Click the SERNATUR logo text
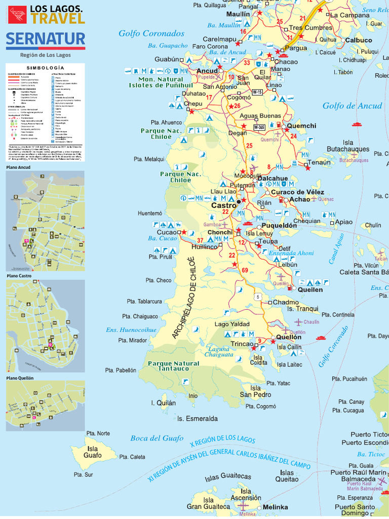[x=46, y=39]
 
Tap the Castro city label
[x=223, y=206]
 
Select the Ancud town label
[x=207, y=70]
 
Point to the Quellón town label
[x=289, y=337]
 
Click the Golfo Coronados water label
[x=151, y=33]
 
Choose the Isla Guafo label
[x=92, y=452]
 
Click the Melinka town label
[x=276, y=507]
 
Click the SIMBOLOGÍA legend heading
[x=46, y=67]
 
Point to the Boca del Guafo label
[x=157, y=438]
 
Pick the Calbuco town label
[x=359, y=40]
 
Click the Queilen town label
[x=310, y=289]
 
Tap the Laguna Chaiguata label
[x=219, y=352]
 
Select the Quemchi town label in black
[x=301, y=126]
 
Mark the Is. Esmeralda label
[x=197, y=419]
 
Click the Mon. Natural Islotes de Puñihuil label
[x=156, y=82]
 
